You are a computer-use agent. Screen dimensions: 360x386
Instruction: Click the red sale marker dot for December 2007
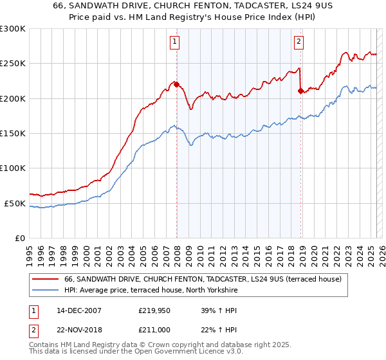pos(176,84)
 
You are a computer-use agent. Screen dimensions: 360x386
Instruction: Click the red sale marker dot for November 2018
pos(300,91)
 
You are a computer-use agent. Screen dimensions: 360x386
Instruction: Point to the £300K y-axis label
pos(13,29)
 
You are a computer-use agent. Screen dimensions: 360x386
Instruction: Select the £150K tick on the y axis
pos(13,134)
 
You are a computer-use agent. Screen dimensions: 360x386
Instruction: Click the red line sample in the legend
pos(45,280)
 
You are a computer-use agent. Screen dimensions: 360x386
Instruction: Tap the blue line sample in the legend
pos(45,291)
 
